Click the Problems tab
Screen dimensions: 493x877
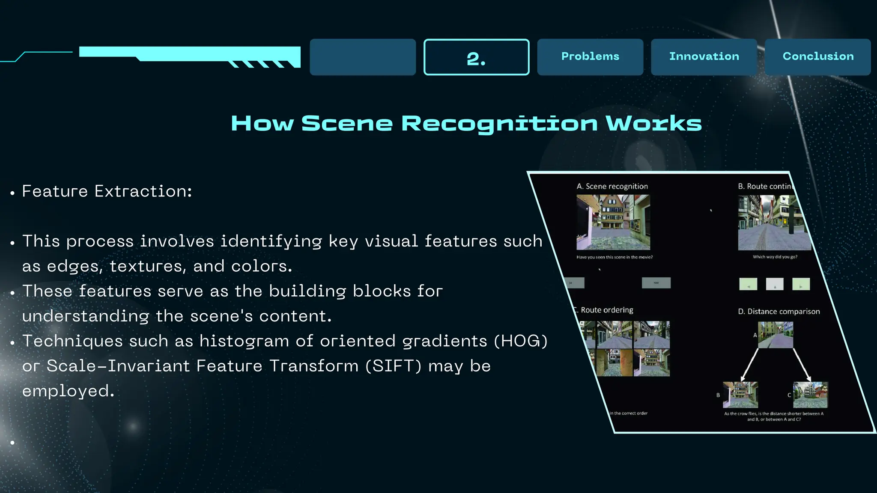click(590, 56)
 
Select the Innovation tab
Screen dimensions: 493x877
click(704, 56)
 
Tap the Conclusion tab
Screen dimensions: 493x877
click(818, 56)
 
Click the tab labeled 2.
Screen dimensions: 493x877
click(476, 57)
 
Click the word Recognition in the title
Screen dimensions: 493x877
click(499, 124)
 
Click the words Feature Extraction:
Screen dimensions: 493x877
click(107, 191)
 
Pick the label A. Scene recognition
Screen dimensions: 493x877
click(612, 186)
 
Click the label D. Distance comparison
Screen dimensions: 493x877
click(779, 312)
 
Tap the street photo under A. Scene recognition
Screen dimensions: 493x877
click(613, 222)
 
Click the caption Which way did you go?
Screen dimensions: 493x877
click(775, 257)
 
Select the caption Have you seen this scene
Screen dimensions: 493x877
click(614, 257)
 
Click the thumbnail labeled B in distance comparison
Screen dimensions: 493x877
click(740, 395)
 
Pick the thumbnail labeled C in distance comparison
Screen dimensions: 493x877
click(810, 395)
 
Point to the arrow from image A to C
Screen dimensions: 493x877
click(802, 364)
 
